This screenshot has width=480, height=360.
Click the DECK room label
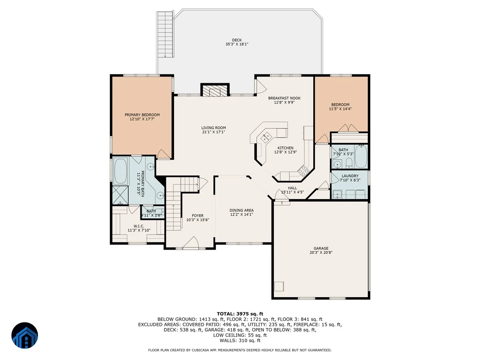237,40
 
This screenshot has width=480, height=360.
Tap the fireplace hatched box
214,91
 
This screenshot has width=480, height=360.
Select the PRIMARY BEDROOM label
142,115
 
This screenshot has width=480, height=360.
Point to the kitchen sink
266,138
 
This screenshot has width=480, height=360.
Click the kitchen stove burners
303,171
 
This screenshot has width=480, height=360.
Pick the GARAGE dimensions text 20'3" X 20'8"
321,252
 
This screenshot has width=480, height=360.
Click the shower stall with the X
120,195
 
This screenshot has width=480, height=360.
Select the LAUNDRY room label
350,176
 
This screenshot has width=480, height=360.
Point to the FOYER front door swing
191,243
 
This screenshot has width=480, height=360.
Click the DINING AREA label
242,210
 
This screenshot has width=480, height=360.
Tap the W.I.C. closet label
139,226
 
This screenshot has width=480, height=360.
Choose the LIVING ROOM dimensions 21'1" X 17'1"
214,132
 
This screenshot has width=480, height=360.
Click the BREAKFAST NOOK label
284,98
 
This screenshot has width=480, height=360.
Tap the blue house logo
25,335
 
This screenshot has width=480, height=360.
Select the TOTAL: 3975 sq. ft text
240,314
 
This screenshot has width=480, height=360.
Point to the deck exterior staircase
165,34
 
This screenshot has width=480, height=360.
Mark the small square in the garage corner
279,286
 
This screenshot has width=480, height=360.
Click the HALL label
292,188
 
